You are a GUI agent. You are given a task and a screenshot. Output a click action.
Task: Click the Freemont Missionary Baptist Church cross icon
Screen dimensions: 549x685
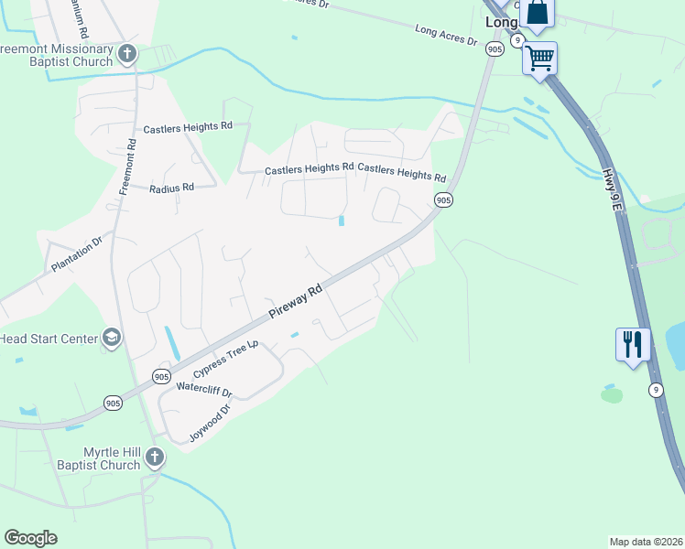coord(126,55)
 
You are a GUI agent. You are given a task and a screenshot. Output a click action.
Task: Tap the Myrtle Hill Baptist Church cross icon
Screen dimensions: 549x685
coord(155,457)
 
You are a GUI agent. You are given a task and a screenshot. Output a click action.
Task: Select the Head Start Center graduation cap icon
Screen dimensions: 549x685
coord(112,339)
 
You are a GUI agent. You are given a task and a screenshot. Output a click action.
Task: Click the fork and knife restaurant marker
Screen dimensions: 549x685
coord(633,344)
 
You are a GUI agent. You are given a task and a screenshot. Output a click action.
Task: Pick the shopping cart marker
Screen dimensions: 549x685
coord(539,58)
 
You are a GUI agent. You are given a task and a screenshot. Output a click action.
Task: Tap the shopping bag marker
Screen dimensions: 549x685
coord(538,14)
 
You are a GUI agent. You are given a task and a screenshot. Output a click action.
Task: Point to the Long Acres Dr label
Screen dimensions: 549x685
coord(446,36)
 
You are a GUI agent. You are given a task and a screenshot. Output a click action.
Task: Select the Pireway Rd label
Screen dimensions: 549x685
coord(296,302)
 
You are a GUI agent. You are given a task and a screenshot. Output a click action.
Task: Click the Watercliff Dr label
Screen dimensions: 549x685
coord(204,390)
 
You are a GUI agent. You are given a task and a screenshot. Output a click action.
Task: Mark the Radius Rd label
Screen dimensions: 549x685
coord(172,188)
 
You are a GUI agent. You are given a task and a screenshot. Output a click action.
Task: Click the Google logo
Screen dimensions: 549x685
coord(30,538)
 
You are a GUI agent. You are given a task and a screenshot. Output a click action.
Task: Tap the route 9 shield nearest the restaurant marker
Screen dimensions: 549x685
coord(656,390)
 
